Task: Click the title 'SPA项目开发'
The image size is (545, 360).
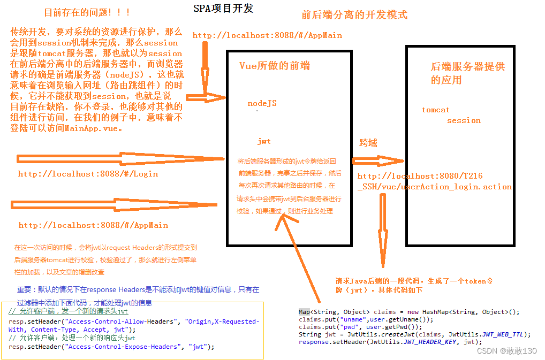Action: pos(223,8)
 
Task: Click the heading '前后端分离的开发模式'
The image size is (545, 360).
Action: pos(354,14)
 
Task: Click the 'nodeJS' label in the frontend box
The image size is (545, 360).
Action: pos(262,103)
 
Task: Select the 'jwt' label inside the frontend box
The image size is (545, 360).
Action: pos(264,142)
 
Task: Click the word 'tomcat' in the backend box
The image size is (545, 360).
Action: pos(435,110)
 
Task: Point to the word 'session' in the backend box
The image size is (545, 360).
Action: pos(464,120)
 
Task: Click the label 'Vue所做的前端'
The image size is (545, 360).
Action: pos(275,66)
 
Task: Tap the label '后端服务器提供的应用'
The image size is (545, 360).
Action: pos(467,73)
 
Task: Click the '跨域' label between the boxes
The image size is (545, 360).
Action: pos(368,143)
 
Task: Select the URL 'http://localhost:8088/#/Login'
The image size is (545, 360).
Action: pos(88,174)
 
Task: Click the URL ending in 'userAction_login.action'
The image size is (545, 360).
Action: pos(434,182)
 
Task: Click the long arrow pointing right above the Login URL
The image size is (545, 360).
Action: pos(120,159)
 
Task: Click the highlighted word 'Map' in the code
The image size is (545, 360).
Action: pos(304,312)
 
